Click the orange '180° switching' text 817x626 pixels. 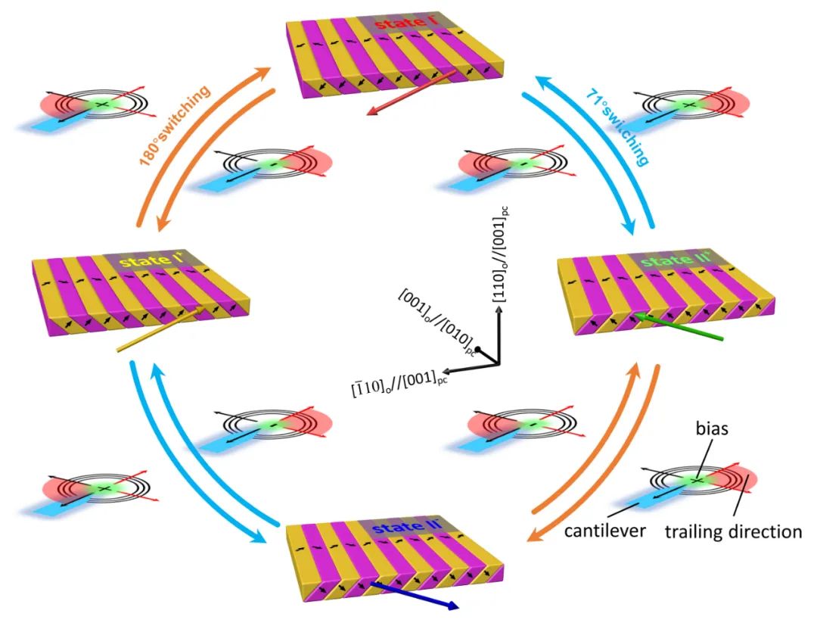pyautogui.click(x=175, y=125)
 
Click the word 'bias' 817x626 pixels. pyautogui.click(x=712, y=428)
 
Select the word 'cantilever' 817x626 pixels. pyautogui.click(x=604, y=531)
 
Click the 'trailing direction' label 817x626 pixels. pyautogui.click(x=733, y=531)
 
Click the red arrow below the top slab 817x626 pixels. pyautogui.click(x=411, y=93)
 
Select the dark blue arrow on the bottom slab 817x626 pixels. pyautogui.click(x=415, y=595)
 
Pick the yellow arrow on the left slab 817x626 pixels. pyautogui.click(x=162, y=329)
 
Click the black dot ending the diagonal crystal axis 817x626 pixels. pyautogui.click(x=478, y=348)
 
